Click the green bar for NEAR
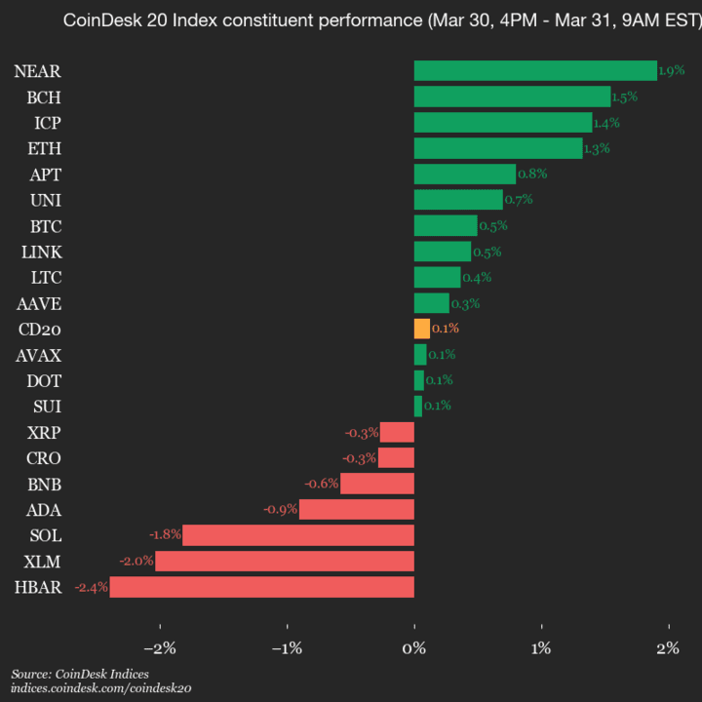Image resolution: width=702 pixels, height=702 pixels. (535, 70)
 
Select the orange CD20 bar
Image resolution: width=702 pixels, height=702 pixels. (421, 329)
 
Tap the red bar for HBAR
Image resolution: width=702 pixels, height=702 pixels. (262, 587)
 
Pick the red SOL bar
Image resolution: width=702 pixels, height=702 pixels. (298, 535)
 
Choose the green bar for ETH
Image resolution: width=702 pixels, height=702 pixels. (498, 148)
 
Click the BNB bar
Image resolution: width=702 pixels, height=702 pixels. (377, 484)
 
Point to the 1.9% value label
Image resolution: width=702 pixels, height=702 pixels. (672, 71)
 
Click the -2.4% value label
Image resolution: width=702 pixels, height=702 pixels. (91, 587)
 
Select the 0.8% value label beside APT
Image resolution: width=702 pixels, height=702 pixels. (532, 175)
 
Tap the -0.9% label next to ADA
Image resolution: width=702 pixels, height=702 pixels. (281, 510)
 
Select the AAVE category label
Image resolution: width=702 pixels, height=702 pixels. (40, 303)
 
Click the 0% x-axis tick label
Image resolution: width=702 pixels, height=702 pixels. (414, 648)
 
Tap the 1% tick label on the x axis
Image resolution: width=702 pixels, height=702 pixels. (542, 648)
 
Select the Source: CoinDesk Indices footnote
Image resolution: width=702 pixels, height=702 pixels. (80, 674)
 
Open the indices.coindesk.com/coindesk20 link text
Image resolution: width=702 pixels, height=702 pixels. (101, 688)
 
